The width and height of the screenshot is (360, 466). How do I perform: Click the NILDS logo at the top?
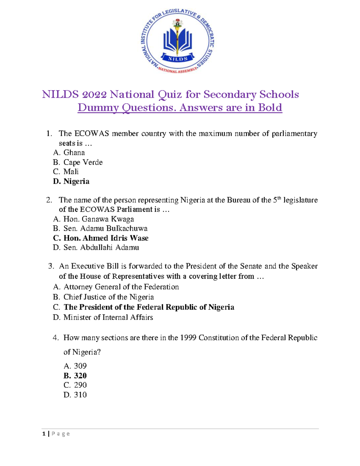tap(178, 42)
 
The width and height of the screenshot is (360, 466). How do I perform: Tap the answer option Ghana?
tap(74, 153)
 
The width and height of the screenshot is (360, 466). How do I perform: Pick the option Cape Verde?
tap(83, 162)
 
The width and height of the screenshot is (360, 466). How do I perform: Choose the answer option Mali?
tap(71, 172)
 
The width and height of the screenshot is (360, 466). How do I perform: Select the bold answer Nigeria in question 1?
tap(76, 181)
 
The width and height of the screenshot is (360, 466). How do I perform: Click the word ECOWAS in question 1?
tap(91, 134)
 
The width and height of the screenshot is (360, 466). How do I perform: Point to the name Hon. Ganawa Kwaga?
tap(99, 219)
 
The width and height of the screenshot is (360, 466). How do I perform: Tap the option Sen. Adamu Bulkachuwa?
tap(105, 228)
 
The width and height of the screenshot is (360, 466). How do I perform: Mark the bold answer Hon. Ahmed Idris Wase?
tap(106, 238)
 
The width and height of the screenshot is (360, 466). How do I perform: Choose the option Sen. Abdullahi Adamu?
tap(101, 248)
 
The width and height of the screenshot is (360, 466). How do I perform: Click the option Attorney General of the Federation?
tap(121, 287)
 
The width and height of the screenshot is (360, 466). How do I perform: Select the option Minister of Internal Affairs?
tap(108, 317)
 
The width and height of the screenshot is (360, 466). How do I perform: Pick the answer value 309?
tap(80, 366)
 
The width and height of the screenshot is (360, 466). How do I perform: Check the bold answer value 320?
tap(80, 376)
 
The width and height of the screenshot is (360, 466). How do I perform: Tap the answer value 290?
tap(80, 385)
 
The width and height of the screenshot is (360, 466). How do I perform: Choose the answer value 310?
tap(80, 395)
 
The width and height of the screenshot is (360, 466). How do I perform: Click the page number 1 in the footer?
tap(44, 434)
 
